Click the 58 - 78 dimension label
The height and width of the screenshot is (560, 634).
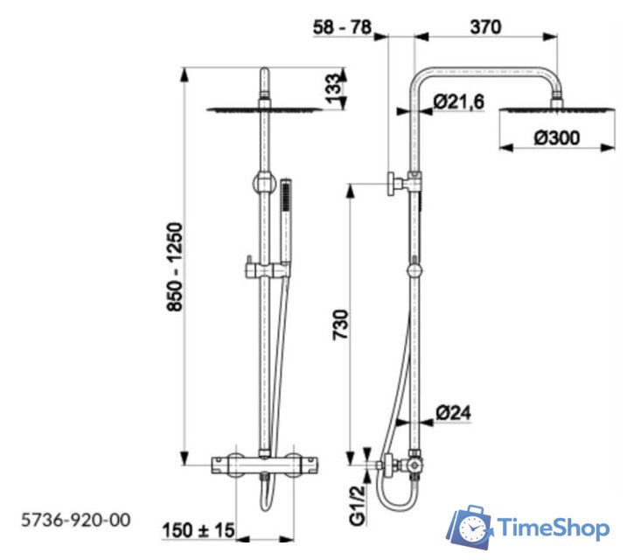pos(342,27)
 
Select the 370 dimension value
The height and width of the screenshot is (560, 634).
pos(485,27)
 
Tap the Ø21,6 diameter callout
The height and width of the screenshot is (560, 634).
pos(459,101)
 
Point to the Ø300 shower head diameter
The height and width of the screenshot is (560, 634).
pos(557,137)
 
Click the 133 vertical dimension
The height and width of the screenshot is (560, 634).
pos(334,88)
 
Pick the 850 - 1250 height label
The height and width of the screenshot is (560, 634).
pos(175,267)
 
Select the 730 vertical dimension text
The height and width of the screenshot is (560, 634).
pos(340,325)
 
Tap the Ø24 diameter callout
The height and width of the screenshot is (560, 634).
pos(454,413)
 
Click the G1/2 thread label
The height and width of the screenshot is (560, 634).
pos(358,505)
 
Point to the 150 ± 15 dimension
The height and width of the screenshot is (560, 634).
pos(199,530)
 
